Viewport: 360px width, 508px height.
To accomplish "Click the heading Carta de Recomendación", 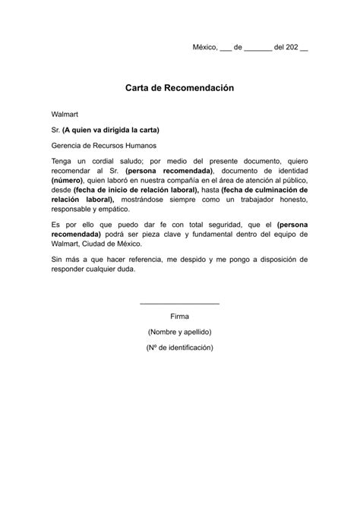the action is pos(180,88).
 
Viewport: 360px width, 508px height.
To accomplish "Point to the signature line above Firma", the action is pos(180,304).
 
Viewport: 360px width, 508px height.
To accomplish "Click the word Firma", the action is pos(180,316).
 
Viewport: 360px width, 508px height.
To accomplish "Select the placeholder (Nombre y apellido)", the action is pos(180,332).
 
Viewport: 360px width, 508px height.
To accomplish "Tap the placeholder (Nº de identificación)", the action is pos(180,347).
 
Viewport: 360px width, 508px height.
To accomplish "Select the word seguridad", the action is pos(216,225).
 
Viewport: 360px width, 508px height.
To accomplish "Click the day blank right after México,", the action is pos(226,47).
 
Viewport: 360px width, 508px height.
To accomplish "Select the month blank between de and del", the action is pos(258,47).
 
